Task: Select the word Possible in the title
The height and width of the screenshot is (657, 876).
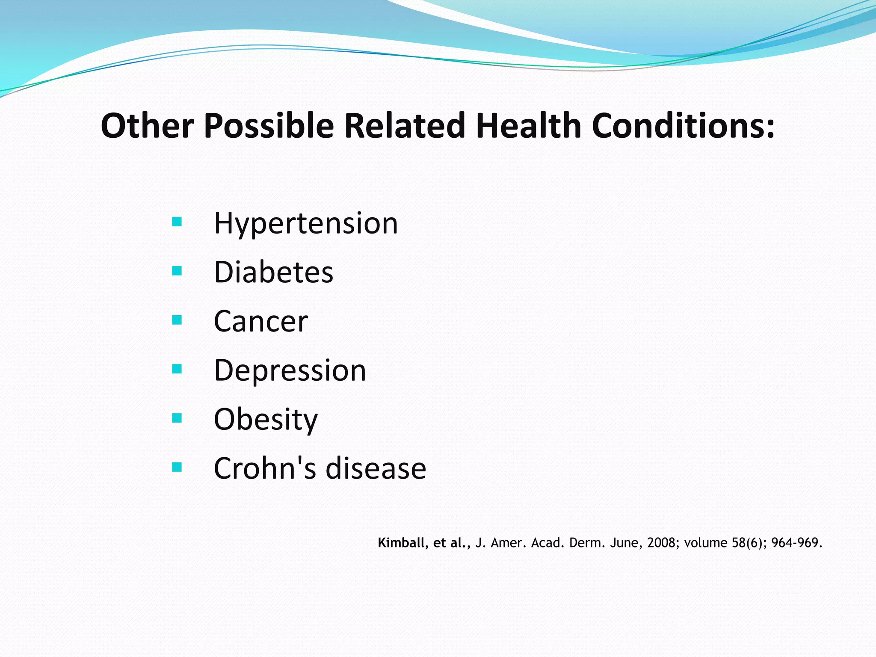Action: [269, 126]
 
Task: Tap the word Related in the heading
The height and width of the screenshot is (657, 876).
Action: [404, 126]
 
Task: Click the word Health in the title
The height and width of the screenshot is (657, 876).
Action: [528, 126]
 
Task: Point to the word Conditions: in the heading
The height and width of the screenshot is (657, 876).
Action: [683, 126]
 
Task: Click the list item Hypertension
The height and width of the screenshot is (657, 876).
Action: [306, 224]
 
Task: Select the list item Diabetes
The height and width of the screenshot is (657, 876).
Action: [273, 272]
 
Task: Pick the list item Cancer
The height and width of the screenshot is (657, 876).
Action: [260, 321]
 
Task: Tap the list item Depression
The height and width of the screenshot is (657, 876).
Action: [290, 370]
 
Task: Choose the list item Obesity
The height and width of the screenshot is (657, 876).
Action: [266, 420]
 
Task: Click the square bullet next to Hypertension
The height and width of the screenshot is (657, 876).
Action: [177, 222]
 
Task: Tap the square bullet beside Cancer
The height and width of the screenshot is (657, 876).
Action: [177, 320]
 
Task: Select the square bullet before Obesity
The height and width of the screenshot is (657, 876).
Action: [177, 418]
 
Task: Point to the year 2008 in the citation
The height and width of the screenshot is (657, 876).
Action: [662, 543]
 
